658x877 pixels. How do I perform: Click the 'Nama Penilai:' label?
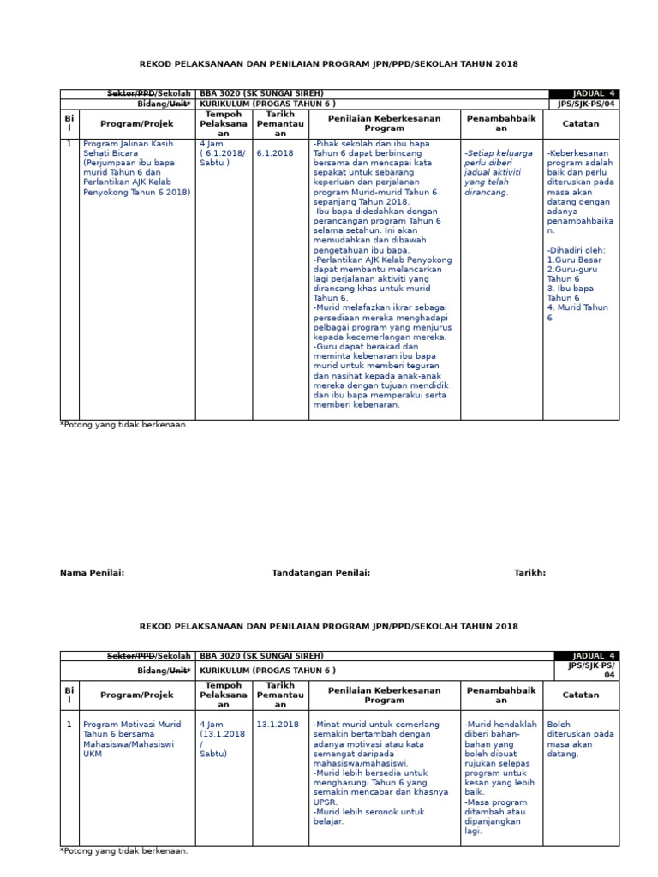pyautogui.click(x=92, y=573)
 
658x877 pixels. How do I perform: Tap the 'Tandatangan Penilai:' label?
pyautogui.click(x=320, y=573)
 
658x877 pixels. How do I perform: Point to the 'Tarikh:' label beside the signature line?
pyautogui.click(x=529, y=573)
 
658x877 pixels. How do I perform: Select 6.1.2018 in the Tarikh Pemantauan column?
pyautogui.click(x=274, y=153)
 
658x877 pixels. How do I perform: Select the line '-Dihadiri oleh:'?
pyautogui.click(x=576, y=250)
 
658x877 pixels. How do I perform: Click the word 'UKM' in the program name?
pyautogui.click(x=93, y=755)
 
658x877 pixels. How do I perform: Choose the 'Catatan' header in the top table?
pyautogui.click(x=580, y=123)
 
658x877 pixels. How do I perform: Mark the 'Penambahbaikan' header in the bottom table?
pyautogui.click(x=501, y=695)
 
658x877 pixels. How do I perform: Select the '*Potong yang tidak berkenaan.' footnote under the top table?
pyautogui.click(x=124, y=424)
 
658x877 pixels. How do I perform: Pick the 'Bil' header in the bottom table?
pyautogui.click(x=69, y=695)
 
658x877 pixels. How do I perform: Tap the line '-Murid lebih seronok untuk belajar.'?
pyautogui.click(x=368, y=816)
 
